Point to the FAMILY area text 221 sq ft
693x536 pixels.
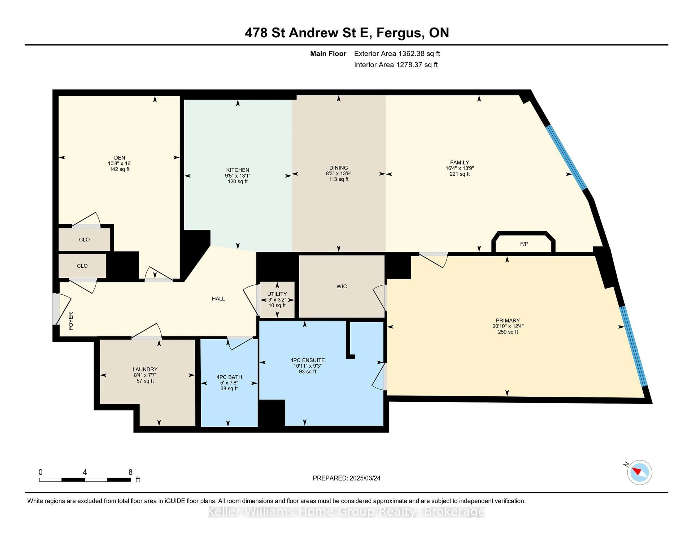pos(459,174)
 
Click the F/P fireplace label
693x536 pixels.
pos(524,244)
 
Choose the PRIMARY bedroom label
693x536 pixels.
pos(508,320)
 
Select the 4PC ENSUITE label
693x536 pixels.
pos(307,360)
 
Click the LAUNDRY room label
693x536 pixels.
pos(145,369)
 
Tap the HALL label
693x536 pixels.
pos(218,299)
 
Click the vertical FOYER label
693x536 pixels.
pos(71,321)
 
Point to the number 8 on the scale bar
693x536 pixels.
pos(130,472)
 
